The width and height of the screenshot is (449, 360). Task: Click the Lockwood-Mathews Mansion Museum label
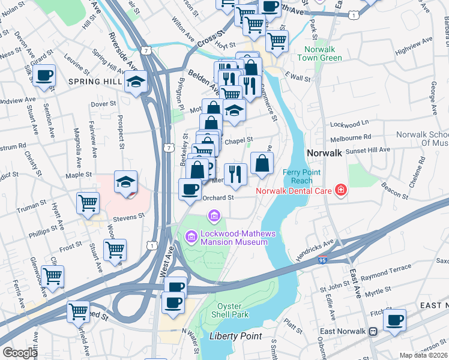[234, 237]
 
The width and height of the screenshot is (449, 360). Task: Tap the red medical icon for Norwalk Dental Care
[341, 191]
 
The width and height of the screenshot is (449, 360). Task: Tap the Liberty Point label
[235, 336]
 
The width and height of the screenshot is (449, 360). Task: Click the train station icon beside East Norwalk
[373, 331]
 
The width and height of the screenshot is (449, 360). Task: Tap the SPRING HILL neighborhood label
[95, 81]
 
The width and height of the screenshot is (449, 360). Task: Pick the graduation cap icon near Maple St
[126, 181]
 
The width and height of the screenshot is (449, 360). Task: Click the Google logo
[20, 353]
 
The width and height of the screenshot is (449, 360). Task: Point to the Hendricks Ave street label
[315, 249]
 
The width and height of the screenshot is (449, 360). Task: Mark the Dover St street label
[103, 104]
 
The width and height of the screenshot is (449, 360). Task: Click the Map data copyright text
[423, 355]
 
